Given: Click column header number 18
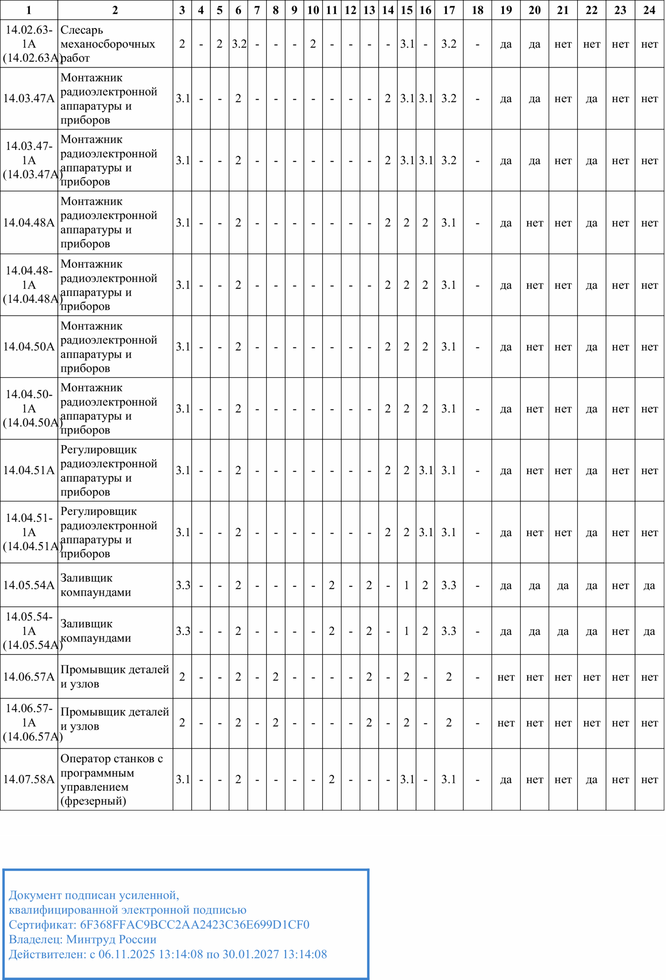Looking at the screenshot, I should tap(477, 10).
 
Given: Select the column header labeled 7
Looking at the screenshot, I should tap(257, 10).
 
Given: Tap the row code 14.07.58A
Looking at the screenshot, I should tap(29, 779).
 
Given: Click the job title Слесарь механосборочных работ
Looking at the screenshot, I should tap(108, 44).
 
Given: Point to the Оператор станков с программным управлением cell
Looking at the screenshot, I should tap(111, 779).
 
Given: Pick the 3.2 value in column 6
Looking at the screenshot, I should tap(239, 44).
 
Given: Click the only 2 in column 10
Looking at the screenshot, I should tap(313, 44).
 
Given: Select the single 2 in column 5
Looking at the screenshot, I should tap(219, 44).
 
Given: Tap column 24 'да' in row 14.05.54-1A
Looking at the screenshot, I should tap(649, 631).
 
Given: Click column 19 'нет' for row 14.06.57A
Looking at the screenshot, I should tap(506, 677).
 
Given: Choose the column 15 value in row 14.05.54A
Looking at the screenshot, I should tap(406, 585).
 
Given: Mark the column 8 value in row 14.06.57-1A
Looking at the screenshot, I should tap(275, 723).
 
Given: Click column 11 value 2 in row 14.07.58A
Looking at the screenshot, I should tap(332, 779).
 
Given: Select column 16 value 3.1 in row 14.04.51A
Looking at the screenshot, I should tap(425, 470).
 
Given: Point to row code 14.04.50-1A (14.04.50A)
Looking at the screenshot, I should tap(29, 408).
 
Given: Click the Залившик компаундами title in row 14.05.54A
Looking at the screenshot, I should tap(96, 585).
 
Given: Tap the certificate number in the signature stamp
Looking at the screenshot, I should tap(194, 925).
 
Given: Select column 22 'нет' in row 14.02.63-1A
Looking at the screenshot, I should tap(591, 44).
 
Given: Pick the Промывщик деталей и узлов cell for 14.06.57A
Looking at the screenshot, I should tap(114, 677).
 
